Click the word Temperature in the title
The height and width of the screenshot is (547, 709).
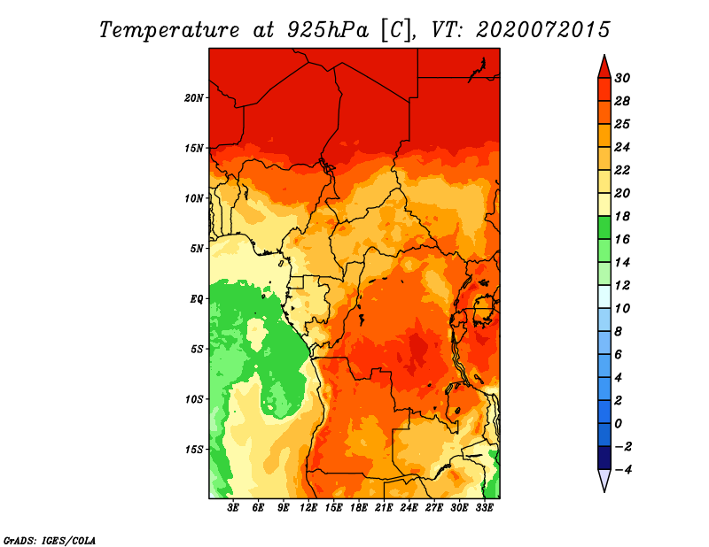[169, 30]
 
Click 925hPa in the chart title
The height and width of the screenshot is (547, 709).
[328, 30]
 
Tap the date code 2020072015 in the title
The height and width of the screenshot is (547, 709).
[543, 30]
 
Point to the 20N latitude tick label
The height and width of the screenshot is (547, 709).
[194, 98]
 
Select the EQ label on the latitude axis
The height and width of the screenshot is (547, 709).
[197, 299]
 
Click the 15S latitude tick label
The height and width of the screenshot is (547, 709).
[194, 450]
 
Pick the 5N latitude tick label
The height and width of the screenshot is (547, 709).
[197, 249]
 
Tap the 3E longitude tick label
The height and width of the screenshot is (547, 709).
[233, 508]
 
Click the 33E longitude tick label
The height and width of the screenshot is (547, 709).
[484, 508]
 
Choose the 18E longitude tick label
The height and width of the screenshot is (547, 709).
[359, 508]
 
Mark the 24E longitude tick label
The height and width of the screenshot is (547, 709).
[409, 508]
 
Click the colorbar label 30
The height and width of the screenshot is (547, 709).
[622, 78]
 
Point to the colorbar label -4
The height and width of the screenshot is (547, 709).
[622, 470]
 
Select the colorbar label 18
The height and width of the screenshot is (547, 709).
[622, 216]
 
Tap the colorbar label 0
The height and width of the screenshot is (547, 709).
[618, 424]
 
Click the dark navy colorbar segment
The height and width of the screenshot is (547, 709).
[604, 458]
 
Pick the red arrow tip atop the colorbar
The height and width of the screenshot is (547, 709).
[604, 55]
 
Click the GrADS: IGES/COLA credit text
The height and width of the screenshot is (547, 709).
[50, 540]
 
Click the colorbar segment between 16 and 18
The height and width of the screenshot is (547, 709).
[604, 227]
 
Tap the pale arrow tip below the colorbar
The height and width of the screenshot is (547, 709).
[604, 491]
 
